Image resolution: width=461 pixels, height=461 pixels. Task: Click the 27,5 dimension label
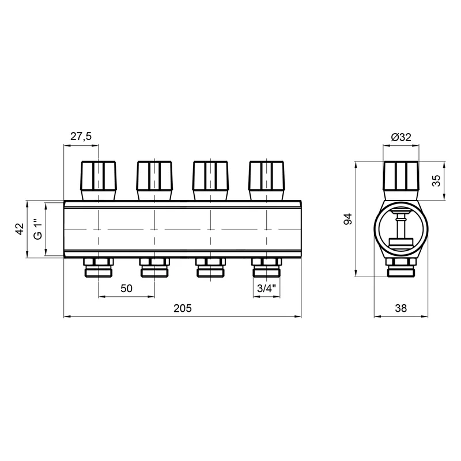tap(81, 137)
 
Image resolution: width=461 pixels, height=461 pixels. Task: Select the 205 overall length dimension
tap(182, 308)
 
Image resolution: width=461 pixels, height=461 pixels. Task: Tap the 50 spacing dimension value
tap(126, 289)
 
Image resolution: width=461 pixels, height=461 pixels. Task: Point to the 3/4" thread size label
tap(266, 289)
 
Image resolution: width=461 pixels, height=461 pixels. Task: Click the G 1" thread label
tap(38, 229)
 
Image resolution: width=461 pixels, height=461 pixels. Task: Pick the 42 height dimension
tap(20, 229)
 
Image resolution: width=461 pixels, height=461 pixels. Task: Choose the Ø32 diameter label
tap(401, 137)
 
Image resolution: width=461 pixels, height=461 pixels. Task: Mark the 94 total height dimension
tap(348, 219)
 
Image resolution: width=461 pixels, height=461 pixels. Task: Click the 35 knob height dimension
tap(436, 180)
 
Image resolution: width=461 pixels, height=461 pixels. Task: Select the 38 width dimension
tap(400, 308)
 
